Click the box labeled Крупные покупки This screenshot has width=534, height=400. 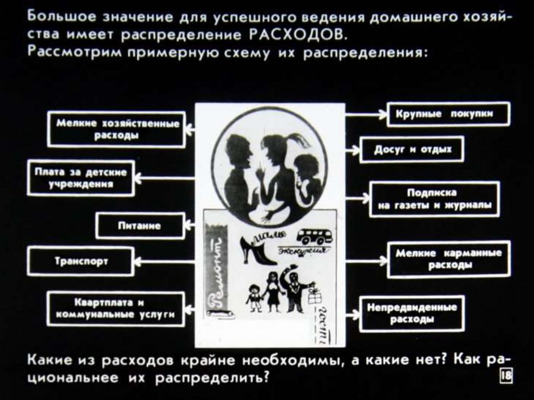[448, 114]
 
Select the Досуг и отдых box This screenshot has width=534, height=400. [411, 150]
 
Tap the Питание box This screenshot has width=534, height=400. [139, 226]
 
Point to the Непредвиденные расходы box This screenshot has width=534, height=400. [411, 313]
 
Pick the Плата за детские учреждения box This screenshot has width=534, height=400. [80, 178]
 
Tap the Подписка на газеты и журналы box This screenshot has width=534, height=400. [434, 199]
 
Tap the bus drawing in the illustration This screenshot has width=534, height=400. [314, 236]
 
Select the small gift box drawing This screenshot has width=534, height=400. [315, 297]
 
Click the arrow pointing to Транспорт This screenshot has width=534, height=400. [164, 261]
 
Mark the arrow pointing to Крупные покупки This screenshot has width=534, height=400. [366, 114]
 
